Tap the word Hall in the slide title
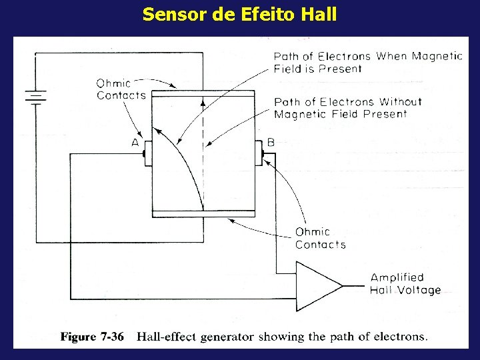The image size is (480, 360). point(319,14)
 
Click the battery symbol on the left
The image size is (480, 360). point(35,99)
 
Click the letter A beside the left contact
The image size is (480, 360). point(135,143)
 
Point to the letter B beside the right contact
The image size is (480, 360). point(271,142)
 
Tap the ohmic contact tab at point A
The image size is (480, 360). point(145,154)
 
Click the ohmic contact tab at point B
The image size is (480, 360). point(260,154)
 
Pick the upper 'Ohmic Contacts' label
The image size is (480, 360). point(121,89)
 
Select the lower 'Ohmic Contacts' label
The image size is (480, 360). point(320,238)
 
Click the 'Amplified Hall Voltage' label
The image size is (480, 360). point(405,284)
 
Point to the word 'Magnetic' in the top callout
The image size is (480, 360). point(436,56)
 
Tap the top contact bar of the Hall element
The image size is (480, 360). point(203,95)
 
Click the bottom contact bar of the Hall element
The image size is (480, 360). point(203,213)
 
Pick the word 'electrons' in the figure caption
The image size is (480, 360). point(399,337)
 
